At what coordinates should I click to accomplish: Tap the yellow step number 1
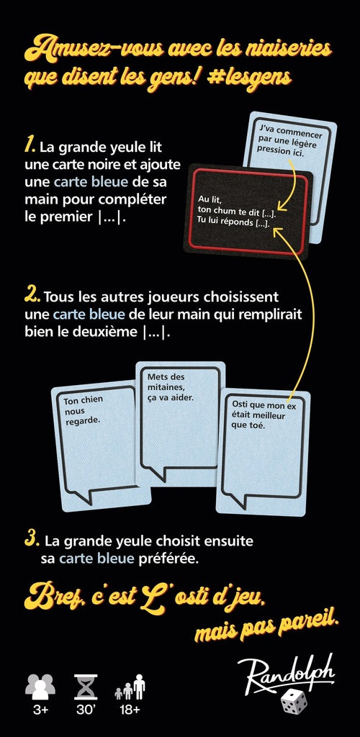click(30, 147)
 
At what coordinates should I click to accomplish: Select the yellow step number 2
click(32, 296)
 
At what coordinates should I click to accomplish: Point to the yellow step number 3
click(32, 538)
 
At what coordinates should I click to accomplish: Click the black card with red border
click(248, 208)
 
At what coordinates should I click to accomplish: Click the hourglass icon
click(86, 687)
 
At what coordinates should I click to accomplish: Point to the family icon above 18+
click(130, 687)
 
